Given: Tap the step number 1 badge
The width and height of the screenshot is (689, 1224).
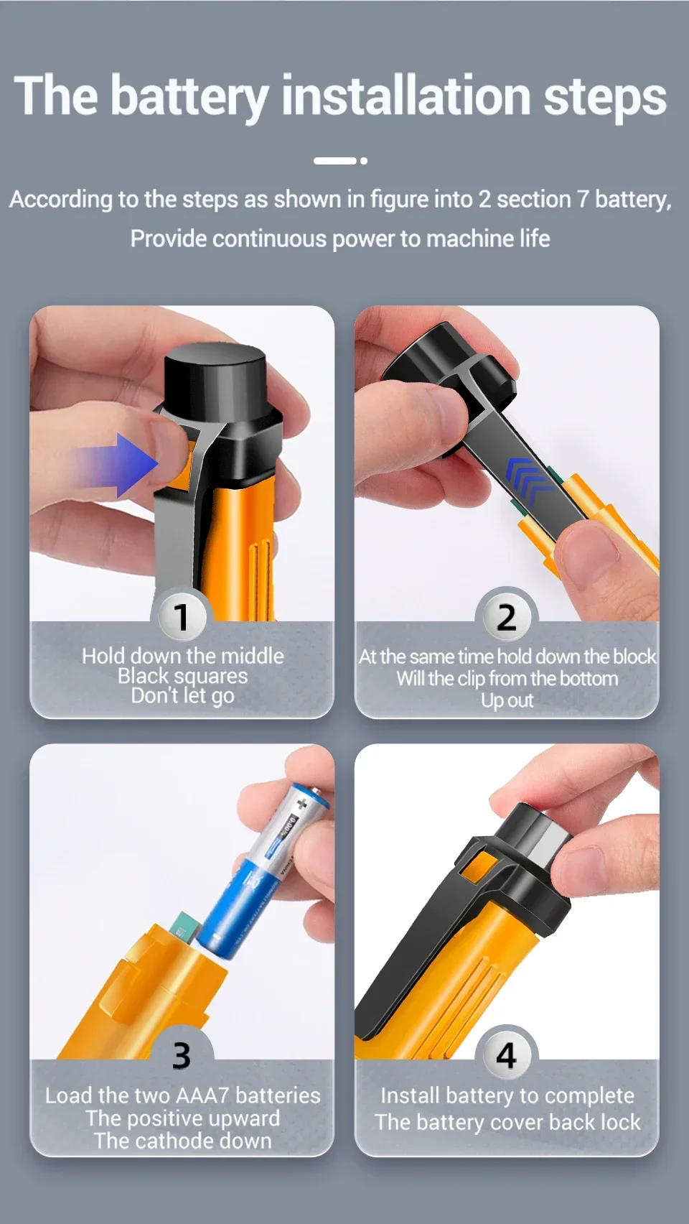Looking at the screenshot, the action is (x=182, y=617).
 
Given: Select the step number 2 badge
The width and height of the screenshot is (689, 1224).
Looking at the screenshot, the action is (x=507, y=617).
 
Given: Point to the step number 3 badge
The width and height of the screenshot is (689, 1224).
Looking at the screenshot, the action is (x=182, y=1055).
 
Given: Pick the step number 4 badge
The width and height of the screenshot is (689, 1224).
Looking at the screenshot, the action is (x=507, y=1055).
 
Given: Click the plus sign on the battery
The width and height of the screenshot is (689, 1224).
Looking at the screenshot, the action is (x=301, y=805).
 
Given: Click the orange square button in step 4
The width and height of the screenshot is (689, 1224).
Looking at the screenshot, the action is (x=479, y=870).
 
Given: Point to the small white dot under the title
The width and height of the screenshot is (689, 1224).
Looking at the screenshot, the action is (x=364, y=161).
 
